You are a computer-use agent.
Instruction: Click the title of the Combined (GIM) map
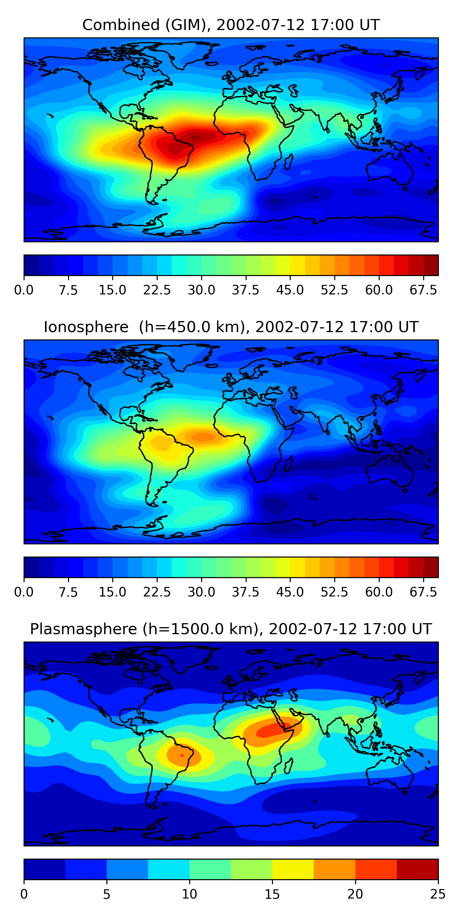(x=231, y=25)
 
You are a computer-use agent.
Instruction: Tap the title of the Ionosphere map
(x=231, y=327)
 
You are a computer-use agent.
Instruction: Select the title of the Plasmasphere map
(x=231, y=629)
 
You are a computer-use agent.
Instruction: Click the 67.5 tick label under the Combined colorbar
(x=423, y=290)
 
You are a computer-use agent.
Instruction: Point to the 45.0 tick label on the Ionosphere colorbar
(x=290, y=592)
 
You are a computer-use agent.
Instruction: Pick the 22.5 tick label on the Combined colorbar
(x=157, y=290)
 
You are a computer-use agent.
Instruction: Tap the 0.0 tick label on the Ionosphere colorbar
(x=24, y=592)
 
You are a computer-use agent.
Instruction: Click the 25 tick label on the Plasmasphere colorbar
(x=438, y=894)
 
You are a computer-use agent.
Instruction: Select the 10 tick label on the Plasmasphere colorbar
(x=189, y=894)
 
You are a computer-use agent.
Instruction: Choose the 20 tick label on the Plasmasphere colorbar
(x=355, y=894)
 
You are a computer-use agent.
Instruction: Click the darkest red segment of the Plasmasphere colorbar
(x=417, y=869)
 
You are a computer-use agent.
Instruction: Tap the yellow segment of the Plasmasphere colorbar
(x=293, y=869)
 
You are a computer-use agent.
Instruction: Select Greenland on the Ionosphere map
(x=187, y=357)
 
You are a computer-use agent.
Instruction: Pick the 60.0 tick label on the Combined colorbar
(x=379, y=290)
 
